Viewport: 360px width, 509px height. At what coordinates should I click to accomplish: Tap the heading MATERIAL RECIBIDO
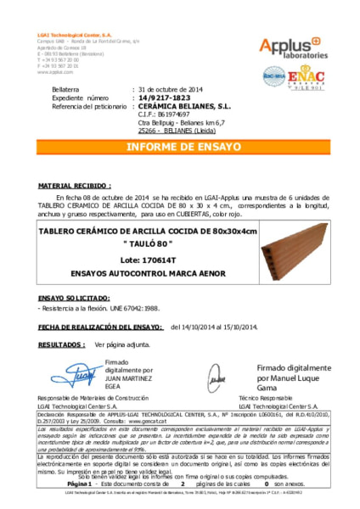tap(75, 183)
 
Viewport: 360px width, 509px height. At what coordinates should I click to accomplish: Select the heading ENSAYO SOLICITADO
tap(73, 298)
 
